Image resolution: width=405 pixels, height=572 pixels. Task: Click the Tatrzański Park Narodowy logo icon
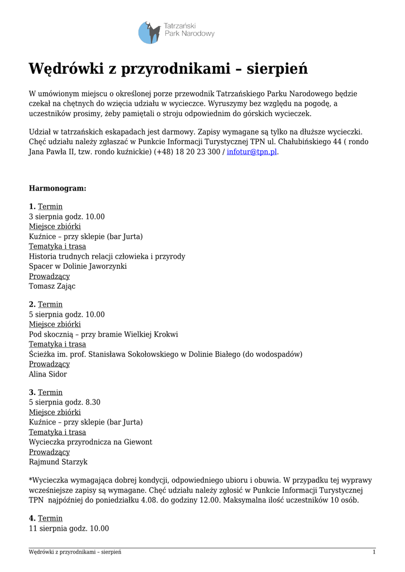coord(149,33)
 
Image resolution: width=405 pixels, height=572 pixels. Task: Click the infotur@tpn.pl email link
coord(251,152)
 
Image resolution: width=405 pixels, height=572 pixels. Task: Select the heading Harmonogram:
coord(58,188)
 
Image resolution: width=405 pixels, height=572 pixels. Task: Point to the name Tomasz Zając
coord(52,286)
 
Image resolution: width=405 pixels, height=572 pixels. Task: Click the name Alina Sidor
coord(47,374)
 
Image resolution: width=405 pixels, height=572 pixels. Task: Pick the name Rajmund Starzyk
coord(58,462)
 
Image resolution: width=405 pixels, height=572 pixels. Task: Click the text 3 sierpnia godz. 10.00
coord(66,217)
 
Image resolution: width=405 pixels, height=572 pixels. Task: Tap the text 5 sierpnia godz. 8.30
coord(64,402)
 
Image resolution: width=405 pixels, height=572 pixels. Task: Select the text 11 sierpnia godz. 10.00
coord(69,528)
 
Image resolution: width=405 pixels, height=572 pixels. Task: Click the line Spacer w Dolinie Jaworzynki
coord(78,266)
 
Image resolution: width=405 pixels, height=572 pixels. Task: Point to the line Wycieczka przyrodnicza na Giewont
coord(90,442)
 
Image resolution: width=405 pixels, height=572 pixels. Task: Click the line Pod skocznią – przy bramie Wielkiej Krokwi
coord(103,334)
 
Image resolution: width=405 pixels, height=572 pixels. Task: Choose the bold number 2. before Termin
coord(32,304)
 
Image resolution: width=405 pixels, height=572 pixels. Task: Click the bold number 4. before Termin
coord(32,518)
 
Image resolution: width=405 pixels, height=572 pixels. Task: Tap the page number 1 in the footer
coord(374,552)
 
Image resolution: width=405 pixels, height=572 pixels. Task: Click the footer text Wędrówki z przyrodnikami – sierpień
coord(75,552)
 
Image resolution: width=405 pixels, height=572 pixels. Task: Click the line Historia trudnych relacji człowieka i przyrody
coord(107,256)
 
